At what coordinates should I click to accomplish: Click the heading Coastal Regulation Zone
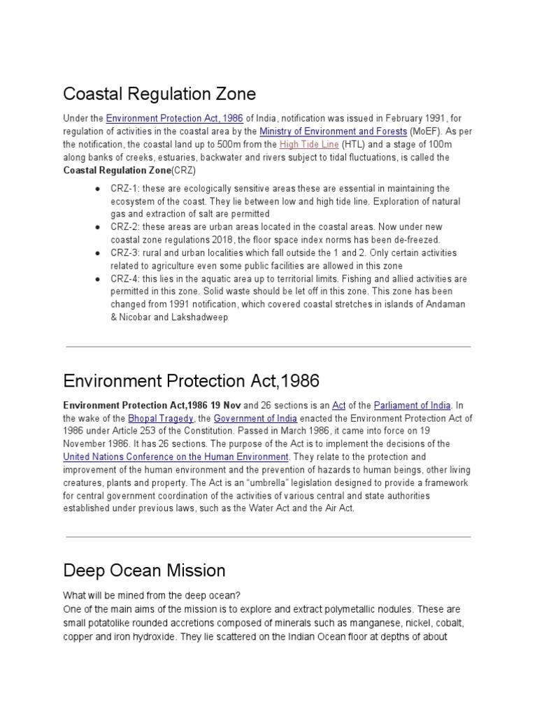[x=159, y=94]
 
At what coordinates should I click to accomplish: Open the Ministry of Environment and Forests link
[x=333, y=131]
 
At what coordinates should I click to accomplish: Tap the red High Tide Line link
[x=309, y=145]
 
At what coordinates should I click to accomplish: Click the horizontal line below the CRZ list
[x=268, y=346]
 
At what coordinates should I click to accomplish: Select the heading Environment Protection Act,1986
[x=191, y=381]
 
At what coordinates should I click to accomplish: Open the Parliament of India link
[x=413, y=406]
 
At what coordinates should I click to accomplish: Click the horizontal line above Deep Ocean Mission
[x=268, y=537]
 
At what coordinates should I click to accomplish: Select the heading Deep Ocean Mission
[x=144, y=571]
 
